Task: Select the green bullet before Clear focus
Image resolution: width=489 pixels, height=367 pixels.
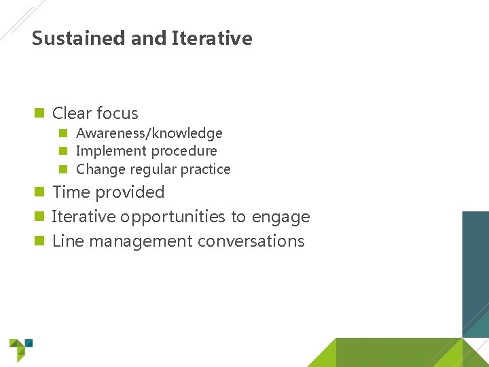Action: [39, 113]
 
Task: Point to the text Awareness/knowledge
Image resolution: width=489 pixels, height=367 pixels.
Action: [149, 133]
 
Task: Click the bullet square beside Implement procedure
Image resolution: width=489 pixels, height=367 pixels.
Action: [63, 151]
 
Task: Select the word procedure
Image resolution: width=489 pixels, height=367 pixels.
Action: [185, 151]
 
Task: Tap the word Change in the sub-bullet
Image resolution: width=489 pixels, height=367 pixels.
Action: [96, 169]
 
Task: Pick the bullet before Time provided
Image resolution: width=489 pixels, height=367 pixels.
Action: [39, 192]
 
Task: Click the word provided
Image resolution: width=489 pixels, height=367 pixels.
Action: [132, 192]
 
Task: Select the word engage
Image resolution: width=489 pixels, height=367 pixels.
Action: [280, 217]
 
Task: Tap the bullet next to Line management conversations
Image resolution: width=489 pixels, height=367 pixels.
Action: [39, 241]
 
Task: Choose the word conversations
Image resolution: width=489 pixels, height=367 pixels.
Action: [251, 241]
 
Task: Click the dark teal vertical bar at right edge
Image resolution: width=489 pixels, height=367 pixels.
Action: [475, 272]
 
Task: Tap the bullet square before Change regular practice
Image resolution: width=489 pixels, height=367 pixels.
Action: [63, 169]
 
